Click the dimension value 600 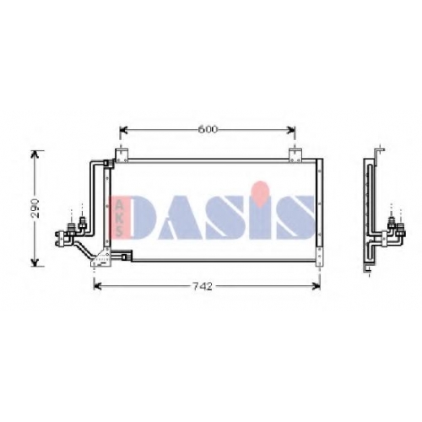tap(208, 129)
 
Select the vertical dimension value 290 tap(35, 208)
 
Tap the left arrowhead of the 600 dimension tap(124, 130)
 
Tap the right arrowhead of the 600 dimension tap(291, 130)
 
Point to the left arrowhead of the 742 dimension tap(98, 286)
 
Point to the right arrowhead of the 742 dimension tap(316, 286)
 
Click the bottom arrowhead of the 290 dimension tap(35, 262)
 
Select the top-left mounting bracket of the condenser tap(122, 155)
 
